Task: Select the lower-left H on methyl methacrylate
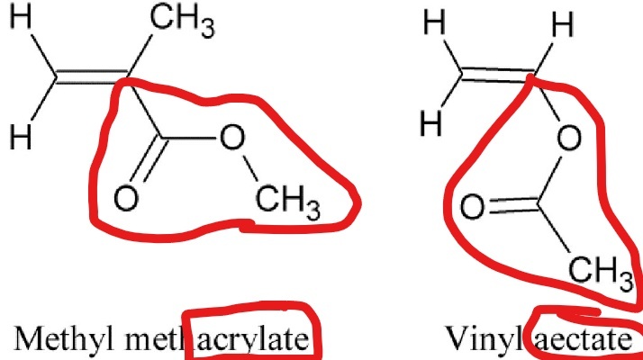tap(20, 138)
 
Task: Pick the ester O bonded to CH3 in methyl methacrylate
tap(231, 137)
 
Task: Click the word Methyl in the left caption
tap(54, 340)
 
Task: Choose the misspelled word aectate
tap(586, 340)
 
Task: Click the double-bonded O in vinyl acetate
tap(471, 208)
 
